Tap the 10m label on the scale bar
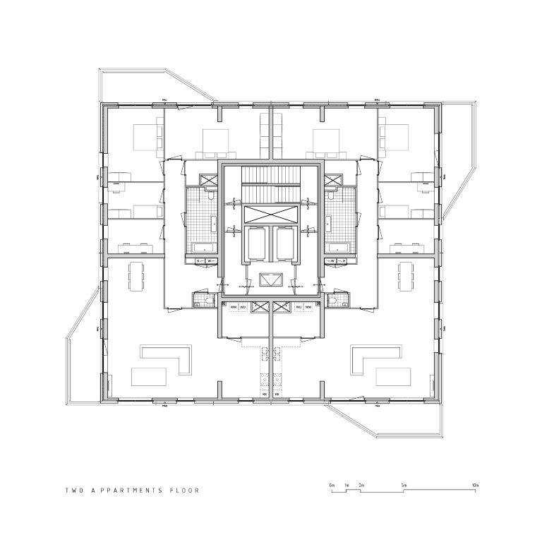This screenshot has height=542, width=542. click(x=475, y=486)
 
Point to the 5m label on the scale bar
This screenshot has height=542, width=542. click(x=404, y=486)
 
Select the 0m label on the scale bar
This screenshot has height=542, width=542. click(x=331, y=486)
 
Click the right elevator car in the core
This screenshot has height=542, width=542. click(x=287, y=243)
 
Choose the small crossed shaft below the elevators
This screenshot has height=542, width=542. click(x=271, y=280)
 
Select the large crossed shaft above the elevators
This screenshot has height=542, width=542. click(x=271, y=215)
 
